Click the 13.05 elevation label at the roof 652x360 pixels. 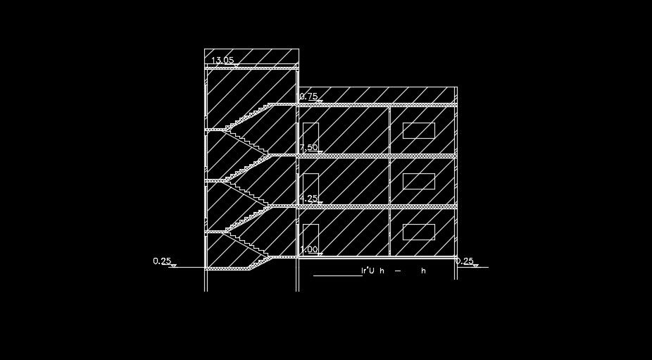(222, 60)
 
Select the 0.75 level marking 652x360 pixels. (308, 96)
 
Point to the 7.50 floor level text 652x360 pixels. (308, 147)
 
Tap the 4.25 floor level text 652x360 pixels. (308, 198)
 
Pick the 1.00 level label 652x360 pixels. (308, 249)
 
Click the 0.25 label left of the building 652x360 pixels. (162, 261)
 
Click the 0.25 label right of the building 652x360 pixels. (465, 261)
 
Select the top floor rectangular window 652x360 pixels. (419, 130)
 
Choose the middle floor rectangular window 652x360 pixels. (419, 181)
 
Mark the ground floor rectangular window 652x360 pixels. (419, 232)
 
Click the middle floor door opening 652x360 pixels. (311, 187)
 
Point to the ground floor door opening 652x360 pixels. (311, 237)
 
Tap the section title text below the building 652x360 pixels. (394, 271)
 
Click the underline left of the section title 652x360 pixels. (337, 275)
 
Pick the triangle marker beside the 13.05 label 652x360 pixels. (237, 65)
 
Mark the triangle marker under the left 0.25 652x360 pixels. (173, 266)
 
